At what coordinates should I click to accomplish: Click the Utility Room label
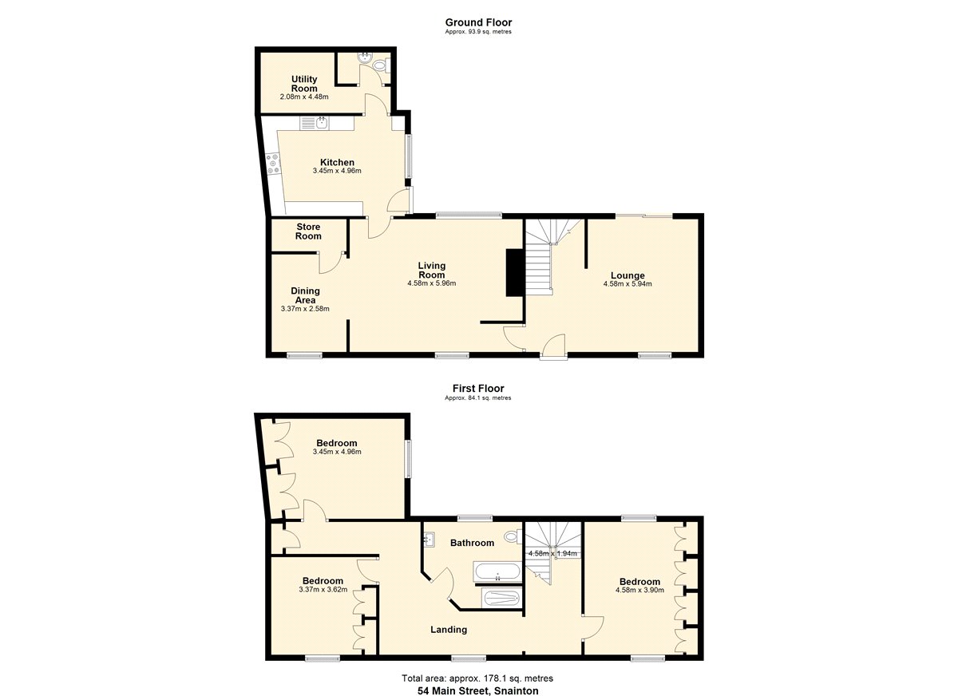[x=304, y=84]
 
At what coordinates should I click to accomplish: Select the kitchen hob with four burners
[x=272, y=164]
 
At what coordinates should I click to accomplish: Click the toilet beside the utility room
[x=381, y=65]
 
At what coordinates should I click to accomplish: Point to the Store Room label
[x=308, y=231]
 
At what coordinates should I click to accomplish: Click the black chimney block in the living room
[x=514, y=272]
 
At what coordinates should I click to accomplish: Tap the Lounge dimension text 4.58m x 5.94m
[x=627, y=284]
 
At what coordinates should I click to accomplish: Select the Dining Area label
[x=305, y=295]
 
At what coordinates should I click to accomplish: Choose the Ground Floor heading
[x=478, y=22]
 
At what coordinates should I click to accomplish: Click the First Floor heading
[x=478, y=388]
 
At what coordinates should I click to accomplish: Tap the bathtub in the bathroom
[x=497, y=572]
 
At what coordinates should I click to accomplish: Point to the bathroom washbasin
[x=429, y=540]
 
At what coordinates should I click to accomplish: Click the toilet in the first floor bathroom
[x=513, y=536]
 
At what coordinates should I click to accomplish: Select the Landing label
[x=448, y=629]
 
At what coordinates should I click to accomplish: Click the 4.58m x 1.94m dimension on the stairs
[x=552, y=554]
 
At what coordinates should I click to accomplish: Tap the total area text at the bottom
[x=477, y=678]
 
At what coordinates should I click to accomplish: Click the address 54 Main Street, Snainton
[x=477, y=690]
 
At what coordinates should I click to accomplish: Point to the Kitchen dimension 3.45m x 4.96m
[x=337, y=171]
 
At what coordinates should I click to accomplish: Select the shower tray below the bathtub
[x=501, y=597]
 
